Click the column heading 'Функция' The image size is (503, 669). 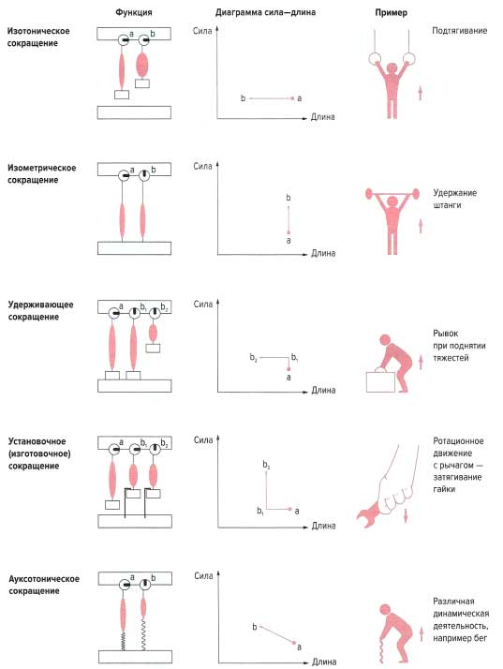coord(134,12)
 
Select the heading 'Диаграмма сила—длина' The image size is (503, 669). coord(265,12)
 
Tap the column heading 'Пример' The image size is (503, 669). coord(391,13)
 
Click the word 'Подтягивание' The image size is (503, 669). coord(460,31)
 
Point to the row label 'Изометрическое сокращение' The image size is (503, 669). coord(42,174)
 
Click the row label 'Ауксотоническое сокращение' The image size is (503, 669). coord(44,585)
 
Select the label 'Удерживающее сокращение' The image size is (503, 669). coord(40,311)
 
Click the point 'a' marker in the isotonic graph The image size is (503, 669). coord(292,98)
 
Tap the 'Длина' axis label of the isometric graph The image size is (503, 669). coord(323,253)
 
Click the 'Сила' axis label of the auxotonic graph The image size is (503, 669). coord(203,576)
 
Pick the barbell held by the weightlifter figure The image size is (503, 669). coord(391,195)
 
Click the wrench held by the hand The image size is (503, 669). coord(368,515)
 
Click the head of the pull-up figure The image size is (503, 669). coord(392,67)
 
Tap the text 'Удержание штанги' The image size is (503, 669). coord(455,199)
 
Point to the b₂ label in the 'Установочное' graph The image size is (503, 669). coord(266,465)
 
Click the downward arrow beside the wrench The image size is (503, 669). coord(406,515)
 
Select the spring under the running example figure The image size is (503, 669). coord(381,650)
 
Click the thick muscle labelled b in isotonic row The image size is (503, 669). coord(142,65)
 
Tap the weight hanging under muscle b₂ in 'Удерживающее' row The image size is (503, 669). coord(153,349)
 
